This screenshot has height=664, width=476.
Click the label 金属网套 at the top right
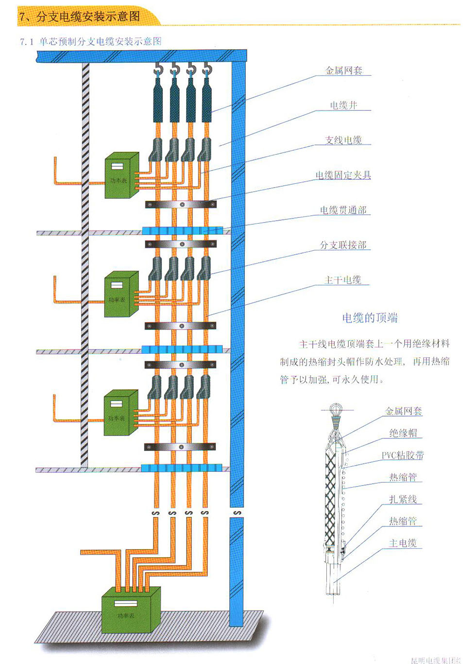[344, 70]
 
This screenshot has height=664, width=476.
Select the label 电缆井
[343, 105]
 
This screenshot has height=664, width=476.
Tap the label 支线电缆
[343, 140]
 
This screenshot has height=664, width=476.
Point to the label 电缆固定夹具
[343, 175]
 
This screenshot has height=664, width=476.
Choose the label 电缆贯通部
[343, 210]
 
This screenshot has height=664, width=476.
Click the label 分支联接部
[343, 245]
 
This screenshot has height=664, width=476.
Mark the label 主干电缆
[343, 280]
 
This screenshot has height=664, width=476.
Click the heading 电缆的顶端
[370, 318]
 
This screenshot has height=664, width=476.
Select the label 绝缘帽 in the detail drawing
[403, 433]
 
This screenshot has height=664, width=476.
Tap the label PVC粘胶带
[402, 455]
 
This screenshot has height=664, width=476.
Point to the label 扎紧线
[403, 499]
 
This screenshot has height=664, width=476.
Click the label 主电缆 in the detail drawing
[403, 543]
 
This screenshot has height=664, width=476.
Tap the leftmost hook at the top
[158, 70]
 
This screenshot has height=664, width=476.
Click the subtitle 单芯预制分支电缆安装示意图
[100, 41]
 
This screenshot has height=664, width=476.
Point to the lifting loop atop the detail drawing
[335, 410]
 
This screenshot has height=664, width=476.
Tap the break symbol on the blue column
[237, 513]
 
